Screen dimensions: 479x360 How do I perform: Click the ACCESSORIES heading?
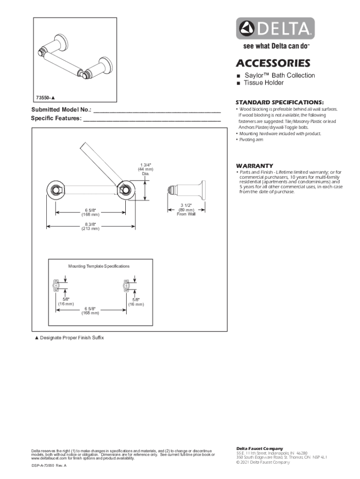click(273, 63)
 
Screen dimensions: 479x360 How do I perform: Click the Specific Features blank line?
click(151, 119)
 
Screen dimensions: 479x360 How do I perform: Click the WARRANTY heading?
click(254, 166)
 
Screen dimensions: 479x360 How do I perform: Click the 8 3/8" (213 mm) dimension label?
click(92, 226)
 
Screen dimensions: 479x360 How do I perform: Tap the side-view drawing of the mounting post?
click(187, 190)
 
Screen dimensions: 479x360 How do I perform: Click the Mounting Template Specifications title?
click(99, 266)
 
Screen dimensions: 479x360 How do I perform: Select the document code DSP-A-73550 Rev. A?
click(49, 466)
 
